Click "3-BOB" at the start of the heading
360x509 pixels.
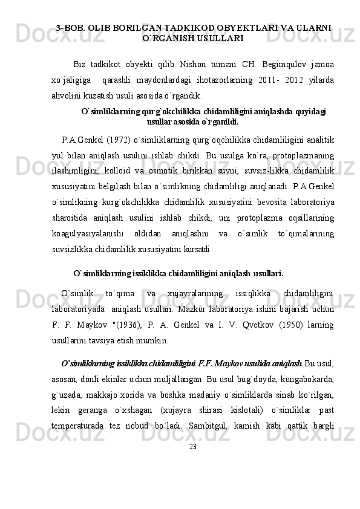(x=69, y=28)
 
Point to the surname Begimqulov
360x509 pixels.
(x=287, y=63)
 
